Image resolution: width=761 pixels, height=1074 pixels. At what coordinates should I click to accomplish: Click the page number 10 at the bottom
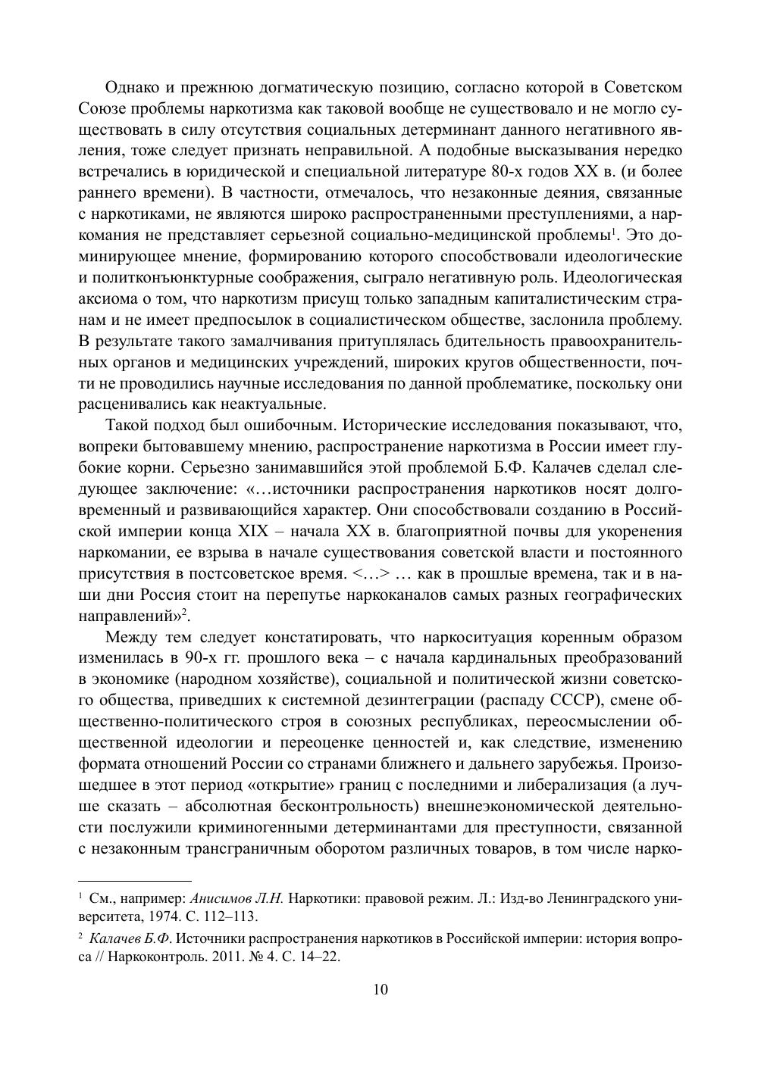(x=380, y=989)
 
